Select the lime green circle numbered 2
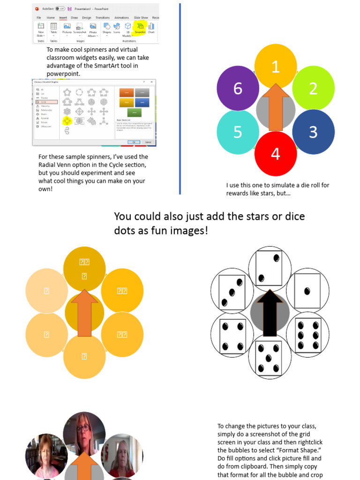[x=313, y=88]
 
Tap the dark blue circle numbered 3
[x=313, y=132]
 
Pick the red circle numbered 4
[x=276, y=153]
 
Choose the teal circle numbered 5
[x=238, y=132]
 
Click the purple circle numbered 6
[x=238, y=88]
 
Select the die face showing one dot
[x=307, y=291]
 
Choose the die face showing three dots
[x=232, y=291]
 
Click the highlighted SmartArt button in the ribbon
[x=140, y=28]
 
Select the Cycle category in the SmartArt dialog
[x=46, y=102]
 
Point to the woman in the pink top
[x=45, y=457]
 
